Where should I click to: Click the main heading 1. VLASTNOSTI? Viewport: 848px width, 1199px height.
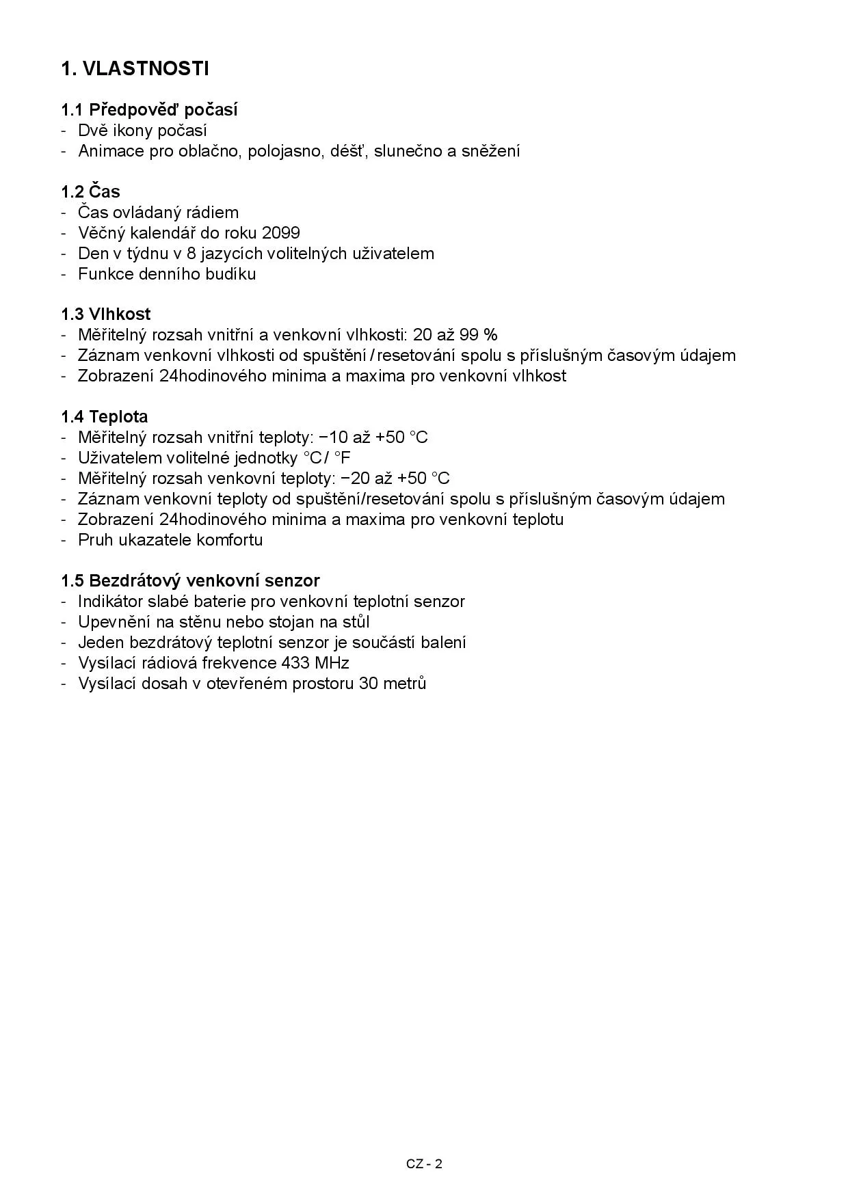tap(135, 68)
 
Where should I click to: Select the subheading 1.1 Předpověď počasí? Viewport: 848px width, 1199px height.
tap(149, 110)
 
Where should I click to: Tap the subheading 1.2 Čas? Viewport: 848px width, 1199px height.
tap(90, 191)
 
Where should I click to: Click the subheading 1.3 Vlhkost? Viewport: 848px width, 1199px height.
tap(105, 314)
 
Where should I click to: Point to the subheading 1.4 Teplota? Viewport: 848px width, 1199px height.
tap(104, 417)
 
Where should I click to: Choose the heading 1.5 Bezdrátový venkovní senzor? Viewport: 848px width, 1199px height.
tap(190, 581)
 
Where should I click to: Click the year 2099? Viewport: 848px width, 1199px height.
tap(280, 233)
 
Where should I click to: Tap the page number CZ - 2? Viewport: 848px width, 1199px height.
tap(424, 1164)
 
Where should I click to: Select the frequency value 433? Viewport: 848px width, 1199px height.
tap(295, 663)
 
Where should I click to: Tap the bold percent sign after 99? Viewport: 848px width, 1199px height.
tap(490, 335)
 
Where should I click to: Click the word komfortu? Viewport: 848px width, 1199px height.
tap(229, 540)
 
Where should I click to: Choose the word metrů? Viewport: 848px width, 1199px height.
tap(406, 684)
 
